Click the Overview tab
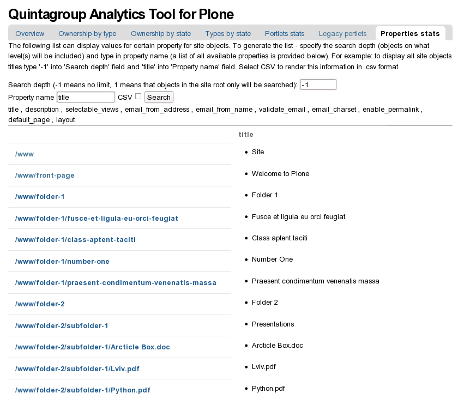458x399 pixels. (x=30, y=34)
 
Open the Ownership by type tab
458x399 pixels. (x=87, y=34)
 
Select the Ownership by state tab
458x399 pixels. (x=161, y=34)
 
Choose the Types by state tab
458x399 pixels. (x=228, y=34)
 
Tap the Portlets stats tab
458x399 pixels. (x=285, y=34)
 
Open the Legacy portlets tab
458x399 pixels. (x=343, y=34)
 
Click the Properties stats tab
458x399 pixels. (x=410, y=34)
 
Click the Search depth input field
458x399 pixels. (x=318, y=85)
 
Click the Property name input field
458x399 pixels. (x=86, y=97)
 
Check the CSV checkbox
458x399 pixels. (x=138, y=96)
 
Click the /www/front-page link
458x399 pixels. (x=45, y=176)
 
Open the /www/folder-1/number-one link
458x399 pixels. (x=62, y=262)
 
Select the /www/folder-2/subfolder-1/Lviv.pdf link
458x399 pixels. (x=77, y=369)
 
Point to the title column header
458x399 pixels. (x=246, y=134)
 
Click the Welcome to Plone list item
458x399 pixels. (x=280, y=174)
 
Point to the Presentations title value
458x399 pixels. (x=273, y=324)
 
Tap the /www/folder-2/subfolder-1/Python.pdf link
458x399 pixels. (x=83, y=390)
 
